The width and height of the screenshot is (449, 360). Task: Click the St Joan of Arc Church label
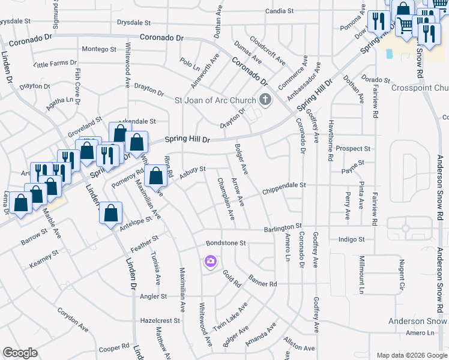(215, 100)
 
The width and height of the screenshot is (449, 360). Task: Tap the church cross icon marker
(265, 100)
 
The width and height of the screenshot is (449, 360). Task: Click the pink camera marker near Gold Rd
(210, 261)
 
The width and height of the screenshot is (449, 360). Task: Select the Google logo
(20, 353)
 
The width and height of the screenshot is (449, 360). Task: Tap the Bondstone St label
(226, 243)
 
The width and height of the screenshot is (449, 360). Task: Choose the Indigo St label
(352, 239)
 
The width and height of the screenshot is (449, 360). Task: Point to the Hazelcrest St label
(160, 321)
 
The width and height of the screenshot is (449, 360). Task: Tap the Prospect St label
(353, 148)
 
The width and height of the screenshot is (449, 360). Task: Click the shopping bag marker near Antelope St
(111, 213)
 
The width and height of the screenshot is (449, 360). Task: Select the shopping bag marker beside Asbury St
(156, 176)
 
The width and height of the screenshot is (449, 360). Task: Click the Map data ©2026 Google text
(411, 355)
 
